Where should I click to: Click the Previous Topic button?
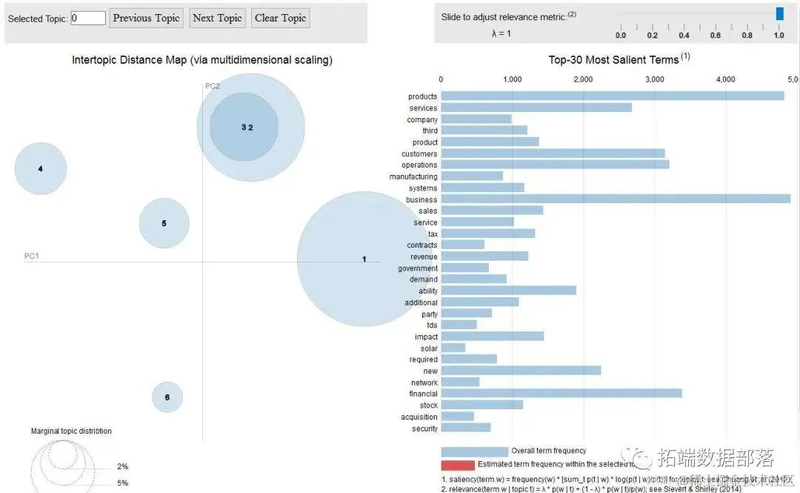(x=146, y=18)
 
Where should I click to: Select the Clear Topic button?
(x=280, y=18)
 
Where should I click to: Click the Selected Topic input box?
(x=88, y=18)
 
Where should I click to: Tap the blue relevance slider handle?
(x=779, y=13)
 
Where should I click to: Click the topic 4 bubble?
(x=41, y=169)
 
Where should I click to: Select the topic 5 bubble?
(x=164, y=223)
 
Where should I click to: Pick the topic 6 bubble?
(x=167, y=397)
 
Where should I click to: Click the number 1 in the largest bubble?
(x=364, y=259)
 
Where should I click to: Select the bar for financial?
(x=561, y=394)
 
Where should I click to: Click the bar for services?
(x=536, y=107)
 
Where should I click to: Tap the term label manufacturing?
(x=413, y=176)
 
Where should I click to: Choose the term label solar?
(x=429, y=348)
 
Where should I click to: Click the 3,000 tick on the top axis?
(x=654, y=79)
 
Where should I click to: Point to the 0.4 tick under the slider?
(x=684, y=35)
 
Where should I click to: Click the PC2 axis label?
(x=213, y=86)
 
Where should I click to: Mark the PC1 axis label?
(x=31, y=256)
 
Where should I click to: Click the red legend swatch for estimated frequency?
(x=458, y=465)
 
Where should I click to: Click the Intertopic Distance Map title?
(x=201, y=59)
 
